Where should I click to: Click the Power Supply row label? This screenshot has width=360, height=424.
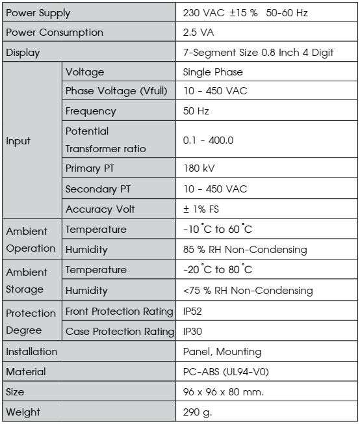click(x=38, y=13)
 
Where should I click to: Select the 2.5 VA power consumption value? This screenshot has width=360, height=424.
click(x=199, y=33)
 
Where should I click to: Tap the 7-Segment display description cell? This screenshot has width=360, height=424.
click(x=259, y=53)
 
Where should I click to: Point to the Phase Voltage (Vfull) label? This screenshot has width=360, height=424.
click(x=117, y=92)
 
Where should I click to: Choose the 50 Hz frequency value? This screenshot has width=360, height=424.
click(x=196, y=111)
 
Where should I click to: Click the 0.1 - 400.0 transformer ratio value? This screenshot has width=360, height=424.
click(x=209, y=140)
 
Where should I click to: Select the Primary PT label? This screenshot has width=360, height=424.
click(x=90, y=168)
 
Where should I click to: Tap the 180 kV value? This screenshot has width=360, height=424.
click(x=199, y=168)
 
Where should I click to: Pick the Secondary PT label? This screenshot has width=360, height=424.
click(x=97, y=189)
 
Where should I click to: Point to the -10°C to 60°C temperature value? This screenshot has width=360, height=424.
click(x=218, y=230)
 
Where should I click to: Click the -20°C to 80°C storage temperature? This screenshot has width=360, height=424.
click(x=218, y=270)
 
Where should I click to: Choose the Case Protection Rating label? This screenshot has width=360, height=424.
click(x=120, y=332)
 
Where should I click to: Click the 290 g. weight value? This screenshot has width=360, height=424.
click(x=198, y=412)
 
